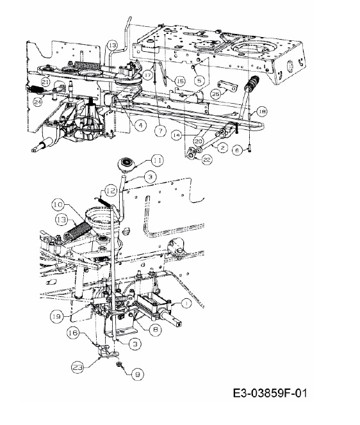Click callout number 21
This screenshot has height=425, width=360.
click(x=46, y=82)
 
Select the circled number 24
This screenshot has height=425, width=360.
click(x=38, y=102)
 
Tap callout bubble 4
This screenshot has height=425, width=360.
click(x=140, y=125)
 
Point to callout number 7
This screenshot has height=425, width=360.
click(x=160, y=131)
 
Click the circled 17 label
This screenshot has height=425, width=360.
click(x=148, y=75)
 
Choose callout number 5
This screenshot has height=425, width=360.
click(x=199, y=80)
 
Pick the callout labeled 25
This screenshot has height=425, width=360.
click(x=217, y=94)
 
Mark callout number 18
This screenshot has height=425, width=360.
click(x=261, y=111)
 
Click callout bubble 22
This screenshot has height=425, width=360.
click(x=207, y=159)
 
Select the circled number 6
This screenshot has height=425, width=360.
click(x=237, y=149)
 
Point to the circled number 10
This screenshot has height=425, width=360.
click(x=58, y=204)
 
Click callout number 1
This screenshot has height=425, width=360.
click(x=186, y=303)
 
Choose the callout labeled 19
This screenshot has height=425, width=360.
click(x=57, y=316)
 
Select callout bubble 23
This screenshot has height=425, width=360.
click(x=78, y=367)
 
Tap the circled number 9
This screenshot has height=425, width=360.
click(x=137, y=374)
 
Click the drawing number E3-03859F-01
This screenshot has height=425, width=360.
click(x=270, y=393)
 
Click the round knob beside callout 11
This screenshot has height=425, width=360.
click(x=126, y=164)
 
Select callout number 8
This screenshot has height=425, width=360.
click(x=155, y=330)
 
